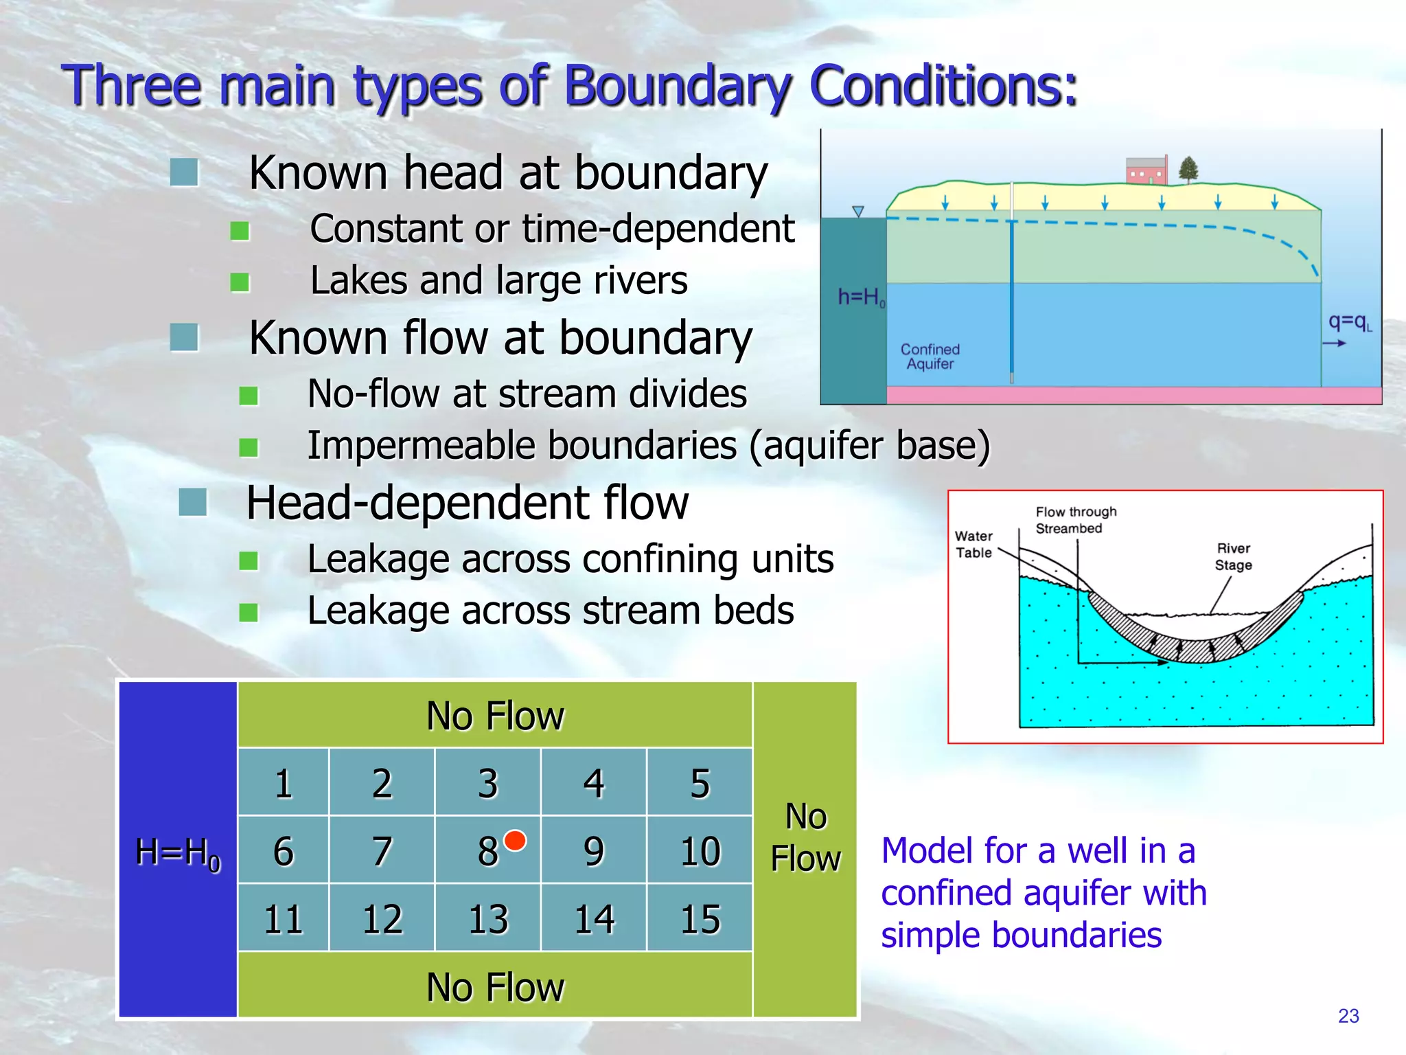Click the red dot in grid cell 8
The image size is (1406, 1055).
(x=515, y=840)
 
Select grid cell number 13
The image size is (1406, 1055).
(x=488, y=919)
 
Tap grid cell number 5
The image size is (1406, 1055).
(x=700, y=783)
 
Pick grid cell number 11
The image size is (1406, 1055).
(x=283, y=919)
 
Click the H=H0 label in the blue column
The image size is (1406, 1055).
(x=178, y=852)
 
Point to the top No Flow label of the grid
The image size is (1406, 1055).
(x=495, y=716)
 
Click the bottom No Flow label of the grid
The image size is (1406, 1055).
(x=495, y=987)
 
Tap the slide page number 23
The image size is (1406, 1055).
(x=1348, y=1016)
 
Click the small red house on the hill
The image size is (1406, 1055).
(x=1146, y=170)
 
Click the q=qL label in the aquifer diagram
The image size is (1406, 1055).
(x=1349, y=322)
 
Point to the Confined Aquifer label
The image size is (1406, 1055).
(x=930, y=356)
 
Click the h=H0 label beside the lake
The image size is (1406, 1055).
(x=861, y=297)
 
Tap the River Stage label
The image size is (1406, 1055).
(x=1234, y=557)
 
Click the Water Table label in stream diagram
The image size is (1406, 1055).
(x=973, y=544)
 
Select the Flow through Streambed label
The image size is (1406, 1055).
(x=1076, y=520)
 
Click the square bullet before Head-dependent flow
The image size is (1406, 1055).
(x=192, y=502)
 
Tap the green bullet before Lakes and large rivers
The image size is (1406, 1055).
(x=240, y=282)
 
